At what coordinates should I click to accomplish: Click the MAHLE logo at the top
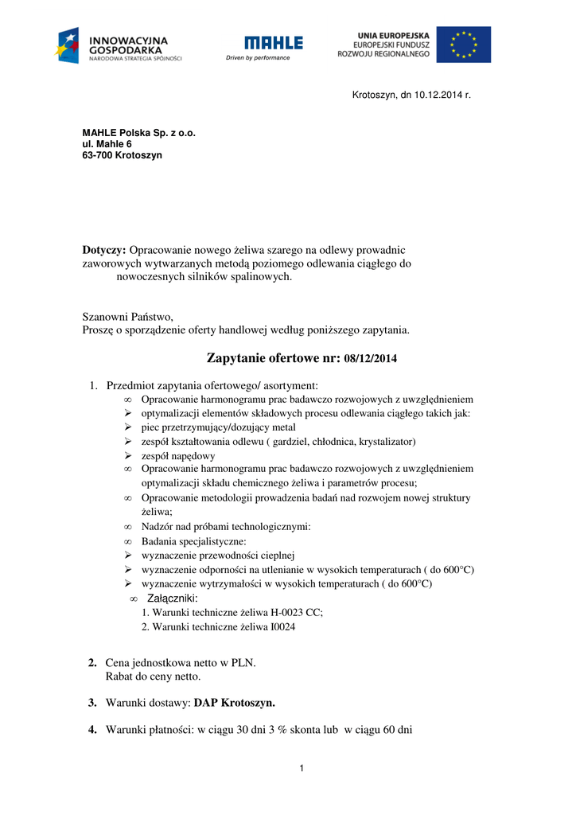(274, 42)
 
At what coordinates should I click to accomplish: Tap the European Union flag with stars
(463, 45)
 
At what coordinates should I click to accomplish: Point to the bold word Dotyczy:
(104, 250)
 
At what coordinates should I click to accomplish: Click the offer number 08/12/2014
(370, 359)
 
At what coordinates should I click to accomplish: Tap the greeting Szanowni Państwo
(127, 316)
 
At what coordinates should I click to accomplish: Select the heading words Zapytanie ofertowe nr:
(274, 358)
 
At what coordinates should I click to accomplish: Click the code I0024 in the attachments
(282, 626)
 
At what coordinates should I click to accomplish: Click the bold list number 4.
(92, 729)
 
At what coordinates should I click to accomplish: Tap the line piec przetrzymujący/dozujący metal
(218, 427)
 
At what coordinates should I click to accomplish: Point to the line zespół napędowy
(178, 455)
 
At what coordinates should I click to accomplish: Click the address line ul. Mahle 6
(107, 144)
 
